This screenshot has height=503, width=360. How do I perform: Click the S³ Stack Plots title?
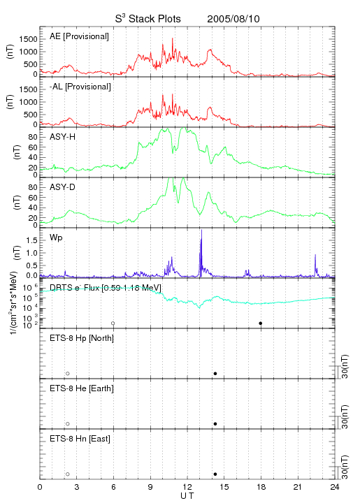pos(148,19)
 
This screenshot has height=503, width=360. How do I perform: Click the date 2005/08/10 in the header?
pos(233,19)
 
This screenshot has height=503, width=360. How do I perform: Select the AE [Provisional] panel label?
pos(79,36)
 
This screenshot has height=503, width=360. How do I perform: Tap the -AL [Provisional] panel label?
pos(80,87)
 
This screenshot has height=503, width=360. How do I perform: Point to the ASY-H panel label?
pos(63,137)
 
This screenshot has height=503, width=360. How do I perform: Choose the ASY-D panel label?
pos(63,187)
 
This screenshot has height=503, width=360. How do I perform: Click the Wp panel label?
pos(56,238)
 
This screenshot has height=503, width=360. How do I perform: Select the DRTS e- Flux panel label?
pos(106,288)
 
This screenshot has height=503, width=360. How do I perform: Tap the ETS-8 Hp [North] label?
pos(82,338)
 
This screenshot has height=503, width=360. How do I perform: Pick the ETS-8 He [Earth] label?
pos(82,388)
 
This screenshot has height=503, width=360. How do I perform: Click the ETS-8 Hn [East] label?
pos(80,439)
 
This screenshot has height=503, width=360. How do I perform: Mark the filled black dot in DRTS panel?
pos(261,323)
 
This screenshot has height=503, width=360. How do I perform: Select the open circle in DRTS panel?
pos(113,323)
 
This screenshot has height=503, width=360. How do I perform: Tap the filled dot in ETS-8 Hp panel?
pos(215,373)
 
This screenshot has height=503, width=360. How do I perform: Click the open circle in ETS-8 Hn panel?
pos(68,474)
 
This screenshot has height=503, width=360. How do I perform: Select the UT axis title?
pos(187,496)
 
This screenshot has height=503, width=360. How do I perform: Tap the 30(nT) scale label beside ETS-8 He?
pos(345,416)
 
